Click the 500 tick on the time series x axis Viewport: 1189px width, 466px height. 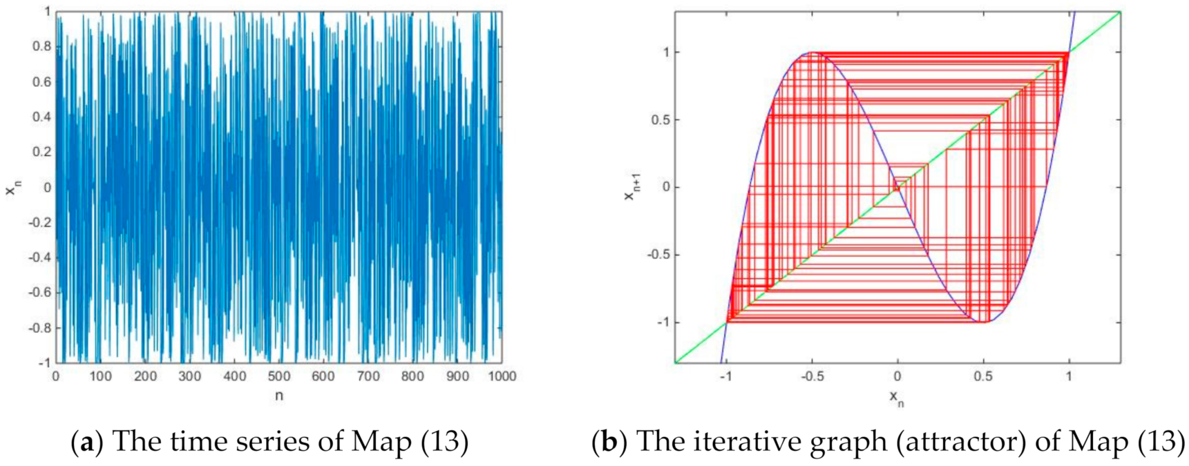tap(279, 376)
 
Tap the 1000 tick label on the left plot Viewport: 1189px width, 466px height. tap(501, 376)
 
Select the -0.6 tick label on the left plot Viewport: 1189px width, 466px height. tap(39, 292)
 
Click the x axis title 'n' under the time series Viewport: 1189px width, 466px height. tap(279, 396)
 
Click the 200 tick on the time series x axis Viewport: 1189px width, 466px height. tap(145, 376)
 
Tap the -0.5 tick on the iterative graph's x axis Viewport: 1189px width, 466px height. tap(812, 376)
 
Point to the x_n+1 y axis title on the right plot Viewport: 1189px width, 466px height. tap(632, 187)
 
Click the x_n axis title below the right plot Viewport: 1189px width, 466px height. tap(897, 398)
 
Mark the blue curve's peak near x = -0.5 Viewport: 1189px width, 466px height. tap(812, 53)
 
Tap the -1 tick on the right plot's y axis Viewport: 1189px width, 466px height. tap(662, 322)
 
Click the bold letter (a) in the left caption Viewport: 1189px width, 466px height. tap(86, 441)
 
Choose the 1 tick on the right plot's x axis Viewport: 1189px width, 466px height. tap(1069, 376)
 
